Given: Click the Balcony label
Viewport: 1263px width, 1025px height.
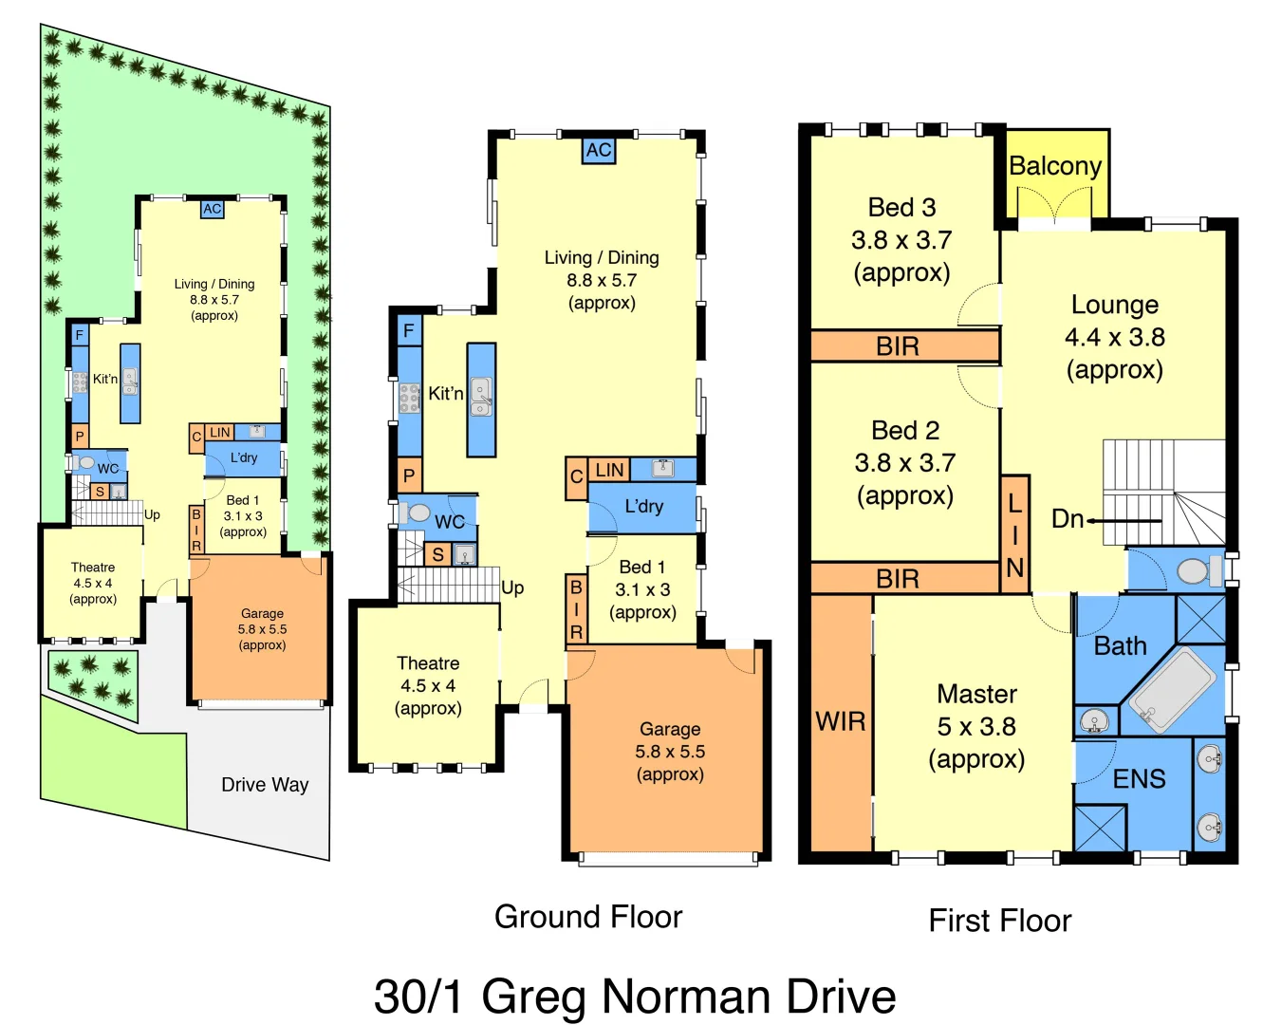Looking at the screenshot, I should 1054,166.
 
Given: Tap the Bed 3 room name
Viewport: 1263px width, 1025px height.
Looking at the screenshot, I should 901,208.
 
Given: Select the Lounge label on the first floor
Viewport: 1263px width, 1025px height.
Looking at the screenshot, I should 1114,305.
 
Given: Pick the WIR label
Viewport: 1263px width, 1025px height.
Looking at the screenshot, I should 840,722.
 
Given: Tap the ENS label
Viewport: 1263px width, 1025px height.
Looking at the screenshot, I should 1139,779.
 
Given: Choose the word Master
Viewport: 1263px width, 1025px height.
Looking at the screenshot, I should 976,695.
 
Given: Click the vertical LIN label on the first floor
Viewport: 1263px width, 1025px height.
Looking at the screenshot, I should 1014,535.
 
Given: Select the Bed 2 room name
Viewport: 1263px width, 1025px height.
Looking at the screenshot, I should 905,431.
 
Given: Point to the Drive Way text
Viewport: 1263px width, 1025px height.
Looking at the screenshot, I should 265,785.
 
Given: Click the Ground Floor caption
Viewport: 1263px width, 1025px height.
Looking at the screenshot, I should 588,917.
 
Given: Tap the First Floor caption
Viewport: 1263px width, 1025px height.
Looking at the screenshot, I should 1000,921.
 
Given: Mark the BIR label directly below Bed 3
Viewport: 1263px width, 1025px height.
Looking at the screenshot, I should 897,346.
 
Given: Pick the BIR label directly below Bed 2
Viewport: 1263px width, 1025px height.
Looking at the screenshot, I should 897,579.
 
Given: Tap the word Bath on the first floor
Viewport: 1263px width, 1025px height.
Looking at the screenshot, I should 1120,646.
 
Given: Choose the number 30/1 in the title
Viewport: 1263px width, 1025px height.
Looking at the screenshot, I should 419,997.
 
